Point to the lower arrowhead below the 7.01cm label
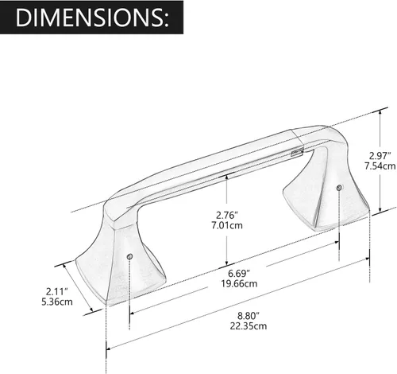point(228,265)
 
